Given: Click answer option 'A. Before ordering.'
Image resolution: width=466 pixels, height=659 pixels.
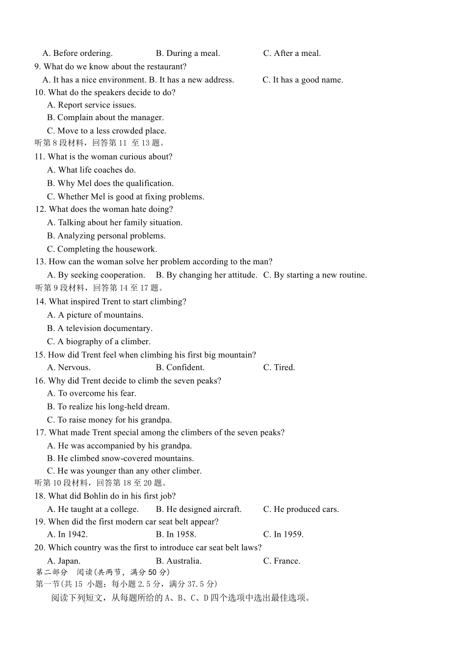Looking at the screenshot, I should click(x=78, y=53).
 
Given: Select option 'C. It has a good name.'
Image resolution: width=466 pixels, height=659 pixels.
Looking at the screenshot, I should click(x=303, y=80).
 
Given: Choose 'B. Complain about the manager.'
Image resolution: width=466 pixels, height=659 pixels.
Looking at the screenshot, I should click(x=105, y=118).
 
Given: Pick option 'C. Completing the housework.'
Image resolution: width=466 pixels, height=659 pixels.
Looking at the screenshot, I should click(x=102, y=249).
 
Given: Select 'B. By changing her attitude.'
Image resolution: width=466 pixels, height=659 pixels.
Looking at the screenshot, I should click(x=206, y=275).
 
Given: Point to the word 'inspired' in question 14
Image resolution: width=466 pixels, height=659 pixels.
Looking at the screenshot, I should click(x=85, y=302).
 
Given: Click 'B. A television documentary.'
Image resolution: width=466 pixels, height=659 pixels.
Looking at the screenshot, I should click(x=100, y=329).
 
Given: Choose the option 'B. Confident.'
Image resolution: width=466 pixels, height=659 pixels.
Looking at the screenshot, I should click(x=180, y=368).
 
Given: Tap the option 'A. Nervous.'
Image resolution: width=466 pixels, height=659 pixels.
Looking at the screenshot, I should click(x=69, y=368).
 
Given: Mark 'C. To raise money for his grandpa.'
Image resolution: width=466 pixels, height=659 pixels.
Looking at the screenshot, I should click(x=109, y=420).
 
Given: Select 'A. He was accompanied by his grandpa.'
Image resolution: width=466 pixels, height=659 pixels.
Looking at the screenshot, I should click(x=119, y=446).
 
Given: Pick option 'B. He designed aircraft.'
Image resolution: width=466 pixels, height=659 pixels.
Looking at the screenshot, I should click(x=199, y=509).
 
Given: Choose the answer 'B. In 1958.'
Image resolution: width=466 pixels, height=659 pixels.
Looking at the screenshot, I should click(x=176, y=534).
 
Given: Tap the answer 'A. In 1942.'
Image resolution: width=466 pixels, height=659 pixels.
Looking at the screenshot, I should click(x=67, y=534).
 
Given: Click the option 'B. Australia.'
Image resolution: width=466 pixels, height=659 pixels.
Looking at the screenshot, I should click(x=179, y=561).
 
